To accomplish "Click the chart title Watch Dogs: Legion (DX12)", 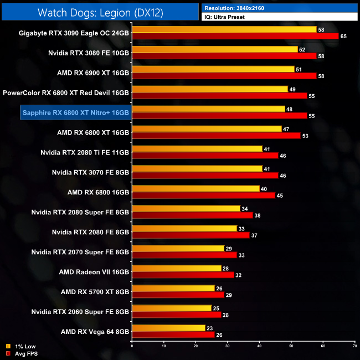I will tap(100, 12).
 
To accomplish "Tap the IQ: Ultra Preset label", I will tap(225, 17).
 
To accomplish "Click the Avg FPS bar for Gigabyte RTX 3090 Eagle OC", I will tap(235, 36).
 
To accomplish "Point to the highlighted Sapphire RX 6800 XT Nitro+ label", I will tap(75, 112).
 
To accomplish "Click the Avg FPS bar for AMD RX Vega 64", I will tap(173, 335).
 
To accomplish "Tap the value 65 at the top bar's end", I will tap(343, 36).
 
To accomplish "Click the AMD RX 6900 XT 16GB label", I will tap(93, 73).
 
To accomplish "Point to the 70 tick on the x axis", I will tap(354, 346).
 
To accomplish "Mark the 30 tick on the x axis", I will tap(227, 346).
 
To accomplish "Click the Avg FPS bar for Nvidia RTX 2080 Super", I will tap(192, 215).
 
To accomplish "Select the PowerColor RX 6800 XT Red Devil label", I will tap(66, 92).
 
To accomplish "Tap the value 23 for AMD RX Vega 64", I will tap(209, 328).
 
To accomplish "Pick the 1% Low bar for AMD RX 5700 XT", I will tap(173, 289).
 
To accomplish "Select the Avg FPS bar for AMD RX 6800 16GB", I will tap(203, 196).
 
